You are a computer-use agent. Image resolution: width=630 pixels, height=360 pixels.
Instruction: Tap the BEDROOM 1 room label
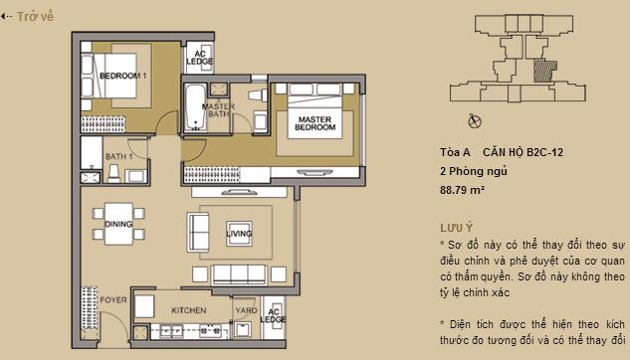[x=123, y=75]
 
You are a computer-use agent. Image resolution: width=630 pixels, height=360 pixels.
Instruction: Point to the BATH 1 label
[x=119, y=156]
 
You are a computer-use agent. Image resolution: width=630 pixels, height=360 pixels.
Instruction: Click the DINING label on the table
[x=119, y=225]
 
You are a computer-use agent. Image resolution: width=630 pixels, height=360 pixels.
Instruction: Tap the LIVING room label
[x=239, y=234]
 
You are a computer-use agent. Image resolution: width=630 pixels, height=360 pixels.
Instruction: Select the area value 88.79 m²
[x=462, y=188]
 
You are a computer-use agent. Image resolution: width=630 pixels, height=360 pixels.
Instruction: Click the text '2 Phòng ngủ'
[x=473, y=170]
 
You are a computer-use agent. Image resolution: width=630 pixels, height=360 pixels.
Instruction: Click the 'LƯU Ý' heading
[x=457, y=227]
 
